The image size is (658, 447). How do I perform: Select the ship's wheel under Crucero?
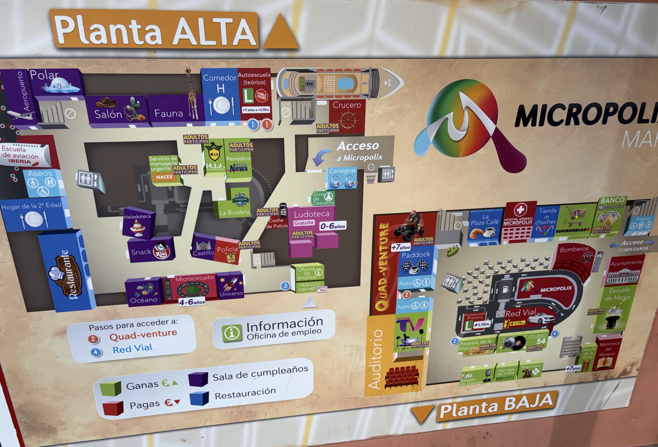[347, 120]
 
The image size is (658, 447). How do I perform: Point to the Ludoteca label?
[311, 214]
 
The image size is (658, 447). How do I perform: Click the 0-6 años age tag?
[333, 226]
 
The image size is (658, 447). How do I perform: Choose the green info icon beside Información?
[232, 333]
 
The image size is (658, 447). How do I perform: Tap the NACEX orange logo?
[164, 177]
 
